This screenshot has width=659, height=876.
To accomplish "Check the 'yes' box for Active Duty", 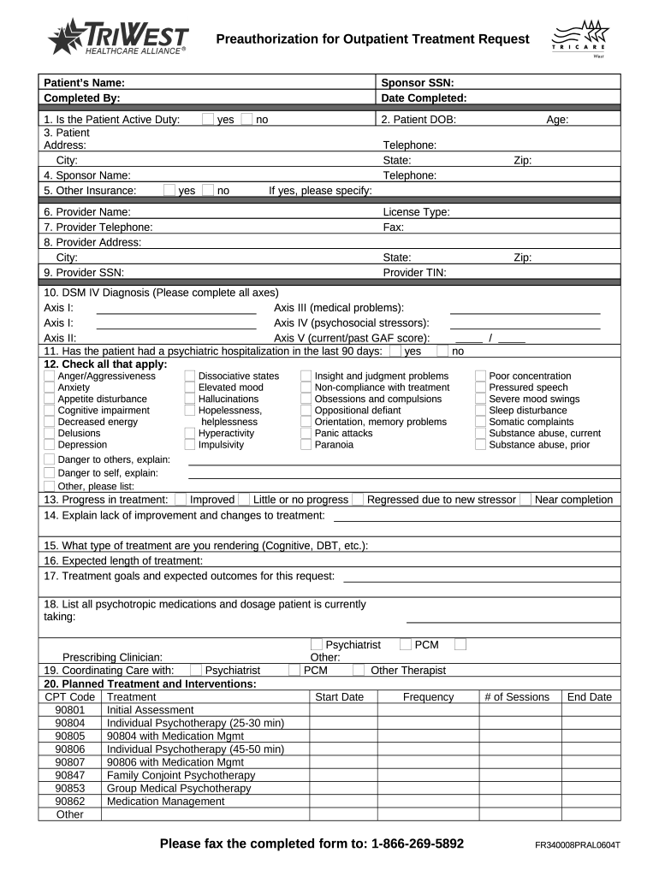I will pyautogui.click(x=208, y=120).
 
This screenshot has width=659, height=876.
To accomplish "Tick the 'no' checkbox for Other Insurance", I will pyautogui.click(x=208, y=190).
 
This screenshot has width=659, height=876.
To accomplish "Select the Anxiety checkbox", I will pyautogui.click(x=50, y=388).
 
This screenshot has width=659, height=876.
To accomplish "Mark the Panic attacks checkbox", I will pyautogui.click(x=306, y=434).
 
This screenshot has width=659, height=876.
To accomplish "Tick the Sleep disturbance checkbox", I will pyautogui.click(x=481, y=411).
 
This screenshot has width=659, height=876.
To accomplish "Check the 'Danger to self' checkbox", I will pyautogui.click(x=50, y=473).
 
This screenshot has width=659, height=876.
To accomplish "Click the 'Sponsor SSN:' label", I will pyautogui.click(x=417, y=83).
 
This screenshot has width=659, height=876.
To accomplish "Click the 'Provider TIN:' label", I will pyautogui.click(x=414, y=272).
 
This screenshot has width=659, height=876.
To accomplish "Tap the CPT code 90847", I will pyautogui.click(x=70, y=775).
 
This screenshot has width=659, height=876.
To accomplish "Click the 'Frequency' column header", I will pyautogui.click(x=428, y=697).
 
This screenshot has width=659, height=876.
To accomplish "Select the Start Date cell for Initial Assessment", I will pyautogui.click(x=339, y=710).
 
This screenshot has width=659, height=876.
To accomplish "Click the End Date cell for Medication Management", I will pyautogui.click(x=589, y=802).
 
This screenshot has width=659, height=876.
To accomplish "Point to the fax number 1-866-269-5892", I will pyautogui.click(x=418, y=844).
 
